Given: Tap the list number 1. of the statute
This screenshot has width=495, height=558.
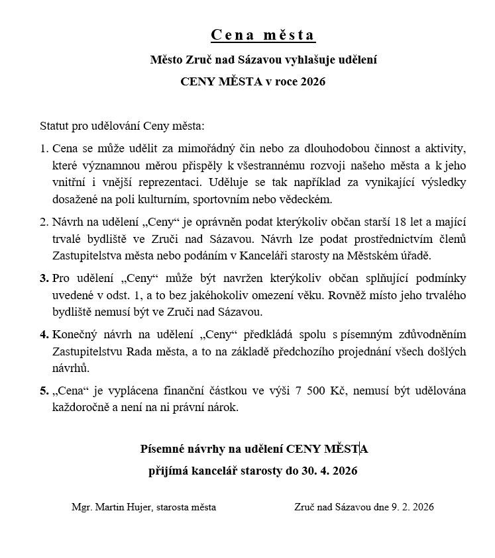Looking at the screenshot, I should (44, 147).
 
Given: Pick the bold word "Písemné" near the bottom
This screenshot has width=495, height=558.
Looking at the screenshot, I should (162, 449).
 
